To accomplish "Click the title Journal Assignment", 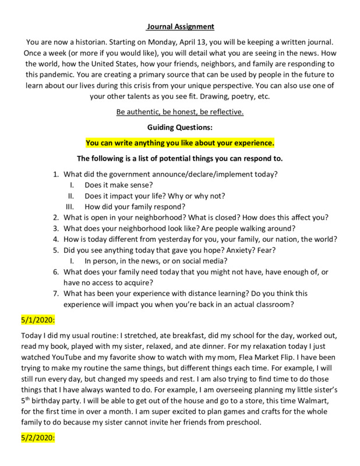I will click(x=179, y=26).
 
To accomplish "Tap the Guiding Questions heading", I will click(x=179, y=128).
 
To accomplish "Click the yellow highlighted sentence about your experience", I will click(x=179, y=143).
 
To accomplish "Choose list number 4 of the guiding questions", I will click(x=56, y=239).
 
